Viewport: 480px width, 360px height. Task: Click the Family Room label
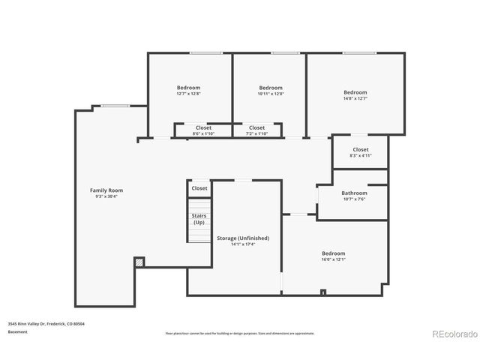(106, 190)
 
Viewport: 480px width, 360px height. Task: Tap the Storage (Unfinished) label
(243, 238)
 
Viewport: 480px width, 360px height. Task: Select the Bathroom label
(355, 193)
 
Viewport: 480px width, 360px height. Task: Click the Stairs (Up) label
(199, 219)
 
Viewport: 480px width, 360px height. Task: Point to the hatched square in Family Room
(139, 262)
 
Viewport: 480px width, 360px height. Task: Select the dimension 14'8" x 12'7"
(355, 98)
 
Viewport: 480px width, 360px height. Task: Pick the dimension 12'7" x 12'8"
(188, 94)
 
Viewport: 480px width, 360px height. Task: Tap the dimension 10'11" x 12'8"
(270, 94)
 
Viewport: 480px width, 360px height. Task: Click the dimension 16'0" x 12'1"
(333, 259)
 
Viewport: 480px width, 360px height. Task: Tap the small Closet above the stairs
(199, 188)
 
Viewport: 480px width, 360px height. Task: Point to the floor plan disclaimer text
(240, 333)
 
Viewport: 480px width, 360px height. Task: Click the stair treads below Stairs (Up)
(199, 235)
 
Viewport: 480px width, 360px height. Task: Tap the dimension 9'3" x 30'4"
(106, 196)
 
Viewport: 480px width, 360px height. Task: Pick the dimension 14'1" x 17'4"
(243, 244)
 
